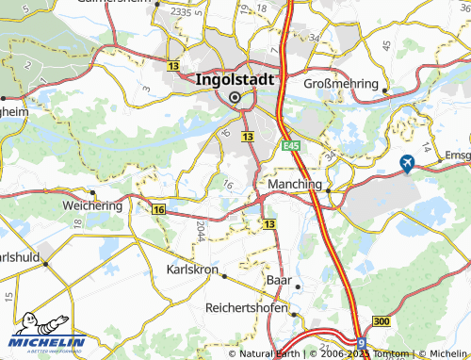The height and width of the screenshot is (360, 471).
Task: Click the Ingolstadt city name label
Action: tap(235, 80)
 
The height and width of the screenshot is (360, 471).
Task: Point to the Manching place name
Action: tap(296, 184)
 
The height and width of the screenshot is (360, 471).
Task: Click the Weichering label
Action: tap(92, 205)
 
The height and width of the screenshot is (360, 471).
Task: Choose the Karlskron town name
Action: tap(191, 270)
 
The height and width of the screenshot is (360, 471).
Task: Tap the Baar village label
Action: tap(278, 281)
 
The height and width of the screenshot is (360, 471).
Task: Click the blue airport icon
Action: tap(407, 164)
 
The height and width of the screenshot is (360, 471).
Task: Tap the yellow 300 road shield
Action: tap(381, 322)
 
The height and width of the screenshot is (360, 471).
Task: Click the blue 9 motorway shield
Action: tap(362, 344)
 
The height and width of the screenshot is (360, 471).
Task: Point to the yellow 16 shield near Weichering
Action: tap(157, 209)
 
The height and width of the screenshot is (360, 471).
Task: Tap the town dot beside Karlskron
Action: tap(224, 274)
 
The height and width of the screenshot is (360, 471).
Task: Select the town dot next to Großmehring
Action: tap(384, 90)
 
